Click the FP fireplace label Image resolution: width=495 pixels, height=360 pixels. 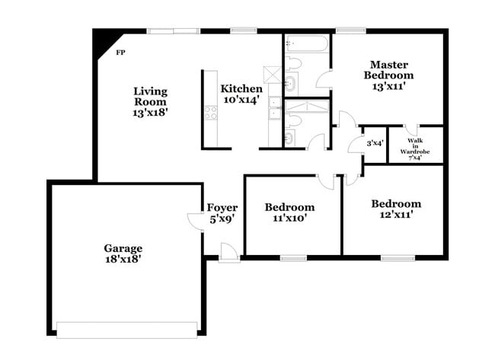(x=120, y=53)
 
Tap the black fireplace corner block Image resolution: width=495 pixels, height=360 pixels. (x=104, y=40)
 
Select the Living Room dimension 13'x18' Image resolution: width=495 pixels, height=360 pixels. (x=150, y=113)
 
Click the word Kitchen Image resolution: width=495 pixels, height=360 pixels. (x=241, y=88)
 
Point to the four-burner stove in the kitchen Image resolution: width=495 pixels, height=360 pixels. (x=211, y=113)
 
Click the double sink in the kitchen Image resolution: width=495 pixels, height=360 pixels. (x=275, y=109)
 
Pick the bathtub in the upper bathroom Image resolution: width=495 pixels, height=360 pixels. (x=307, y=44)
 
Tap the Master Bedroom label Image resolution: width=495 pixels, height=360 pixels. (x=388, y=70)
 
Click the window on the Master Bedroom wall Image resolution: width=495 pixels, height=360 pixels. (x=351, y=30)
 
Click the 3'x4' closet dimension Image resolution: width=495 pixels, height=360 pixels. (x=375, y=143)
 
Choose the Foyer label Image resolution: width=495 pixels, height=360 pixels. (x=222, y=208)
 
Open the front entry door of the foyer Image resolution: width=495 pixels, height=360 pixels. (x=229, y=253)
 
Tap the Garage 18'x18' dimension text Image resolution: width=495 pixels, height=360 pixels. (x=123, y=260)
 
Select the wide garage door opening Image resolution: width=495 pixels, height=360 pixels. (x=127, y=330)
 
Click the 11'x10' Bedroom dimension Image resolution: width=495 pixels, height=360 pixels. (x=290, y=218)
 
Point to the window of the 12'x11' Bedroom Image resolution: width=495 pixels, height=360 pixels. (x=398, y=258)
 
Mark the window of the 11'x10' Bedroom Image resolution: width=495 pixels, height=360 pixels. (x=294, y=259)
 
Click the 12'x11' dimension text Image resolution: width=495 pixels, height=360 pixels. (x=397, y=215)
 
